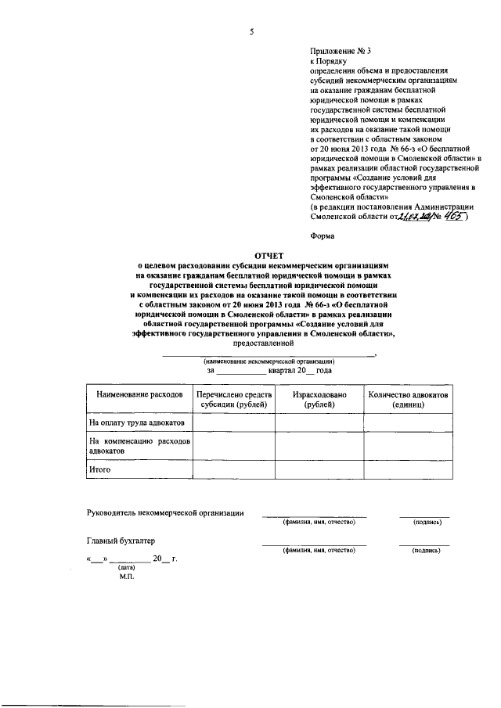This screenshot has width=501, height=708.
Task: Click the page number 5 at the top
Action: point(251,32)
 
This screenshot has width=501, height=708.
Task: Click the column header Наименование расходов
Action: point(139,395)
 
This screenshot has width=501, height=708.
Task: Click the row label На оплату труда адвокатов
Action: point(137,422)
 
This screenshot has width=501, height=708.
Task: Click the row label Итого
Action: point(100,469)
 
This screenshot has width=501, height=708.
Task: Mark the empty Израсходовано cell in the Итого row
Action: point(319,469)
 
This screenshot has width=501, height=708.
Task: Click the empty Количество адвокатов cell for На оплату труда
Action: point(408,422)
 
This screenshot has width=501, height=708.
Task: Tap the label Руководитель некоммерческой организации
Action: point(164,513)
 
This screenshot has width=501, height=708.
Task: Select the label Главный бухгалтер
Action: point(121,541)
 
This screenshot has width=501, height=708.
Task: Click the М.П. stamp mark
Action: point(128,576)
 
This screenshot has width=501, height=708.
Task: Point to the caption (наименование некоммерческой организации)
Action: point(269,361)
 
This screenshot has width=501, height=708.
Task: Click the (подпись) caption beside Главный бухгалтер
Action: point(425,551)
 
